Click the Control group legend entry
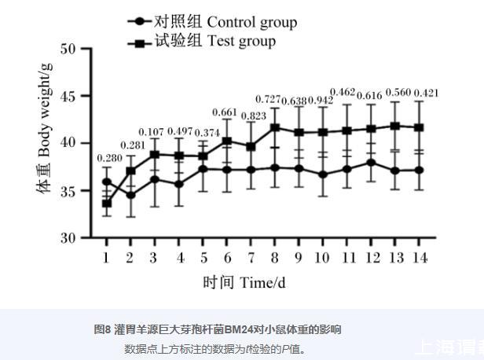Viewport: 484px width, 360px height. [x=212, y=21]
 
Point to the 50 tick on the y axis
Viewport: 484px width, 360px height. [x=68, y=49]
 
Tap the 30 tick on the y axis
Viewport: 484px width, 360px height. [x=68, y=237]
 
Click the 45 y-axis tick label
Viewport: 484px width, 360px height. [x=68, y=96]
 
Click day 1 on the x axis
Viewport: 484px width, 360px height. [x=107, y=258]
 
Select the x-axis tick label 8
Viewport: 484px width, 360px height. [x=275, y=258]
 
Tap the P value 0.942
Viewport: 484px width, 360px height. [x=320, y=101]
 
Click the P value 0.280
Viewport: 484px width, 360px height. [x=109, y=159]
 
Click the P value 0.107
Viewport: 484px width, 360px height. [x=152, y=131]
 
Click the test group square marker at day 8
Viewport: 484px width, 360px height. [x=275, y=127]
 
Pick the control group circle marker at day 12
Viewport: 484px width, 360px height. [x=371, y=163]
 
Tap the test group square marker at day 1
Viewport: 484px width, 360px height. [x=107, y=203]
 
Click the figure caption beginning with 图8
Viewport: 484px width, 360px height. [x=217, y=329]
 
